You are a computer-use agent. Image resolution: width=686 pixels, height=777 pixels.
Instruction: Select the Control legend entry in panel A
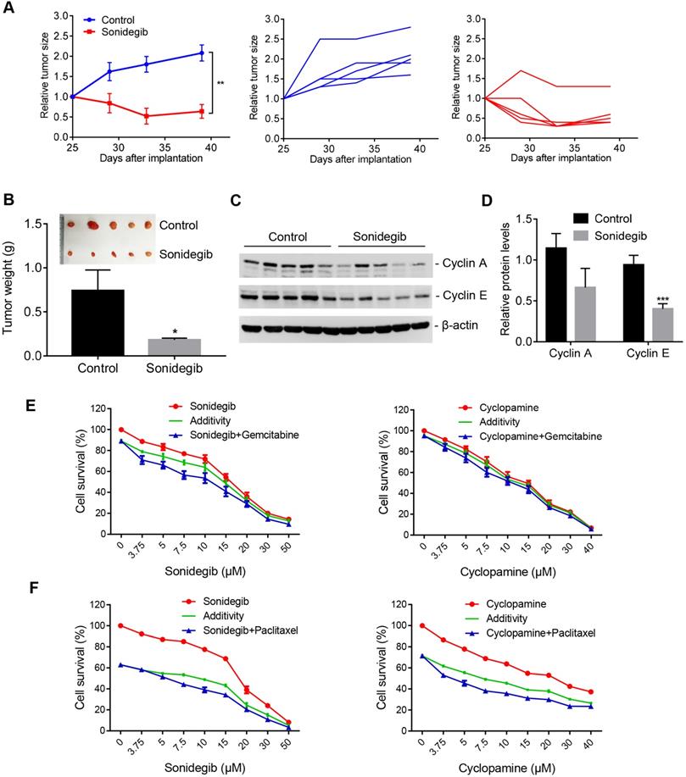(x=114, y=19)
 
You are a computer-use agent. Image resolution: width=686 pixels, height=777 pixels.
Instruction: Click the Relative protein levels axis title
(x=484, y=279)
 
